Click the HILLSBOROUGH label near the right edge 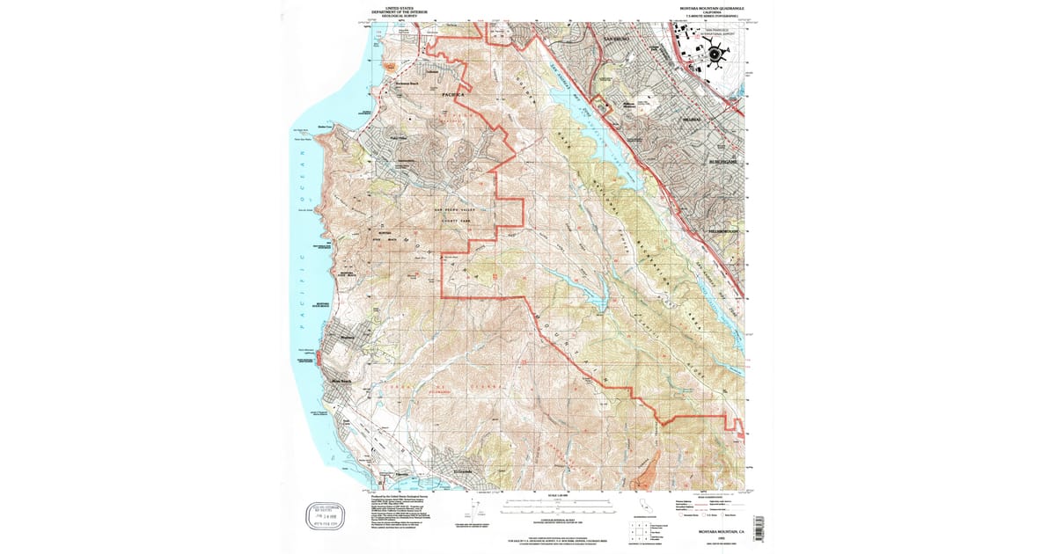tap(727, 231)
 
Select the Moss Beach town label tap(341, 381)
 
